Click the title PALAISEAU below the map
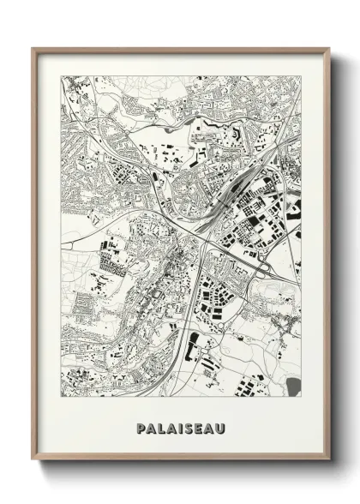point(180,426)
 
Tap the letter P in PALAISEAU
point(140,426)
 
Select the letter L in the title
point(160,426)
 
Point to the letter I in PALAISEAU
point(179,426)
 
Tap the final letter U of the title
point(220,426)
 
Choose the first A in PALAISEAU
point(150,426)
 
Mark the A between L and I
point(171,426)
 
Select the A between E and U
point(209,426)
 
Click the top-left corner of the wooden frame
point(33,48)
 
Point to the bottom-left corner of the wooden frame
point(33,460)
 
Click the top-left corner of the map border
point(61,75)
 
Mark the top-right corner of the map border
point(301,75)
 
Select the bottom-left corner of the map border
point(61,398)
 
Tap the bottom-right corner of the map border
point(301,398)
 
